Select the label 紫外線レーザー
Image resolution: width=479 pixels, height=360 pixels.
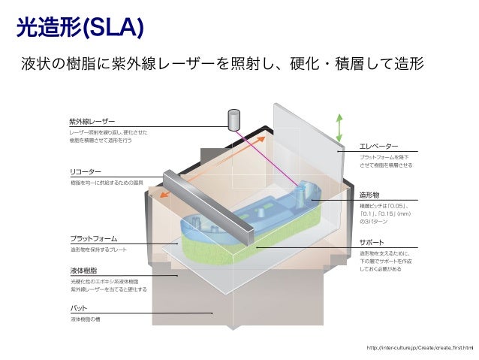tap(92, 121)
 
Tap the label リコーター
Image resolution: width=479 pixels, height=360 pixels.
tap(85, 171)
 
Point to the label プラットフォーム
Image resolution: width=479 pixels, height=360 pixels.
tap(93, 238)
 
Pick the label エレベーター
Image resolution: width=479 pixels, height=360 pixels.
tap(378, 145)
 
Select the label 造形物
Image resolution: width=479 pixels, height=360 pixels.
tap(373, 193)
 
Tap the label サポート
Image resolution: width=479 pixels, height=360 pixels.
tap(372, 243)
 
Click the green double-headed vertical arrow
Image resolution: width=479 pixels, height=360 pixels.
tap(339, 128)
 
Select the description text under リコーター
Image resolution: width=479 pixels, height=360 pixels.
tap(107, 183)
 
